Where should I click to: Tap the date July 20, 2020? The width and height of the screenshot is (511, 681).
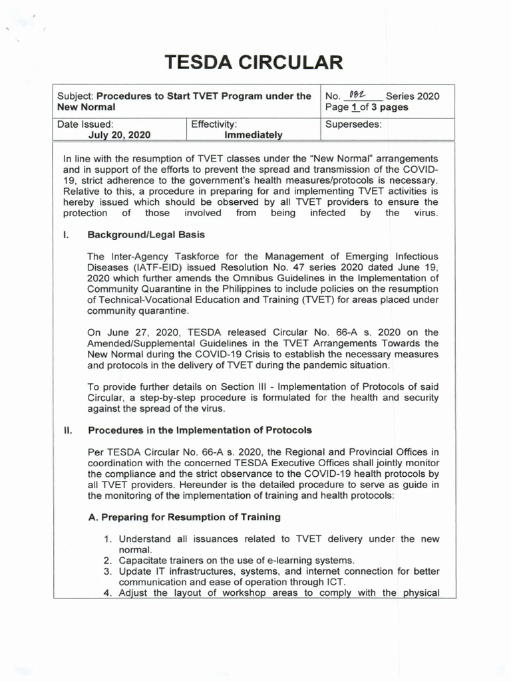[119, 134]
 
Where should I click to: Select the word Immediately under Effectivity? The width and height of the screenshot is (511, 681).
[254, 134]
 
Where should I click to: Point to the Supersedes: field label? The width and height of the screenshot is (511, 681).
[353, 124]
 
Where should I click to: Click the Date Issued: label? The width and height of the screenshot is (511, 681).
[85, 124]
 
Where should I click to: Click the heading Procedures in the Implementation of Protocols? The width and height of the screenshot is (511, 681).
[200, 430]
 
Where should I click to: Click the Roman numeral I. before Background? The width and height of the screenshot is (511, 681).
[66, 235]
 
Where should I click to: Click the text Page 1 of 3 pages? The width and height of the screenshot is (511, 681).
[367, 107]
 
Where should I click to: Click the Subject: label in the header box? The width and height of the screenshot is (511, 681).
[77, 96]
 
